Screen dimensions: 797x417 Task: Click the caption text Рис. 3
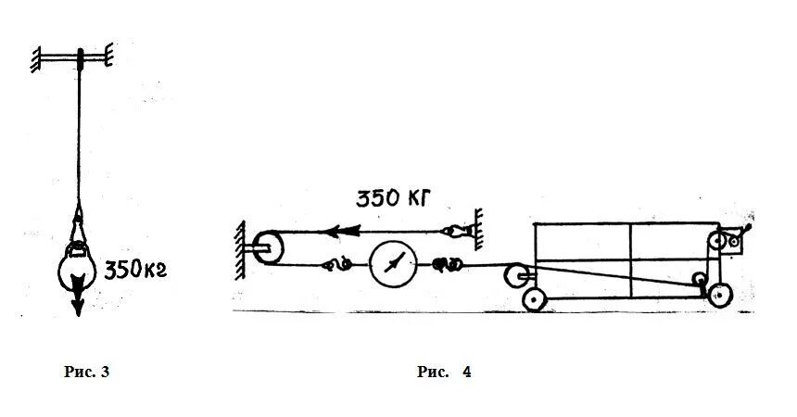coord(86,373)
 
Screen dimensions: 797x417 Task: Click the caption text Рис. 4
coord(444,373)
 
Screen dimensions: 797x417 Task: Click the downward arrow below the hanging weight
coord(79,303)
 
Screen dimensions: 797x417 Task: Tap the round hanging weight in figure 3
coord(79,272)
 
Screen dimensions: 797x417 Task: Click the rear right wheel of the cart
coord(718,297)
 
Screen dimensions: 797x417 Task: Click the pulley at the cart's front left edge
coord(514,274)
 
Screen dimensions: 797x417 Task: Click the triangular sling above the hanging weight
coord(79,226)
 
